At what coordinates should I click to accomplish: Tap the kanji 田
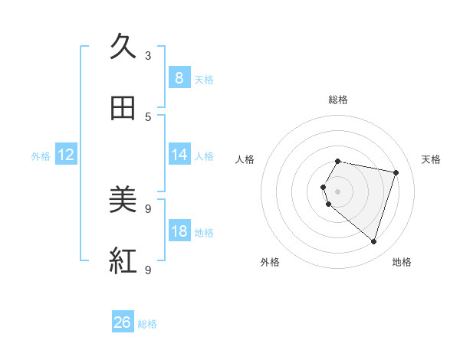(x=123, y=108)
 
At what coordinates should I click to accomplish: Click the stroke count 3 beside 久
(x=148, y=55)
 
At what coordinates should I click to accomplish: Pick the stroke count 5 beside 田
(x=148, y=116)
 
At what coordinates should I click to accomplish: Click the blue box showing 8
(x=179, y=77)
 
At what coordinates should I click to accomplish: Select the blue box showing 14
(x=179, y=155)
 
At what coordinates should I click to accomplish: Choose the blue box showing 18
(x=179, y=231)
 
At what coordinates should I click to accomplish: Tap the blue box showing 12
(x=65, y=155)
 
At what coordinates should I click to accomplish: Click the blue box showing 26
(x=123, y=322)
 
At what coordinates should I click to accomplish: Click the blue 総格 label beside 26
(x=147, y=324)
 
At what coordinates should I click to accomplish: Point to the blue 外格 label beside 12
(x=41, y=156)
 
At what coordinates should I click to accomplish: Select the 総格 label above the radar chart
(x=338, y=100)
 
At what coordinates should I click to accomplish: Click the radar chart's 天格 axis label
(x=432, y=159)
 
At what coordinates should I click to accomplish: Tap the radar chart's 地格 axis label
(x=402, y=262)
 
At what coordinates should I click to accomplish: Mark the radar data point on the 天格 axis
(x=396, y=172)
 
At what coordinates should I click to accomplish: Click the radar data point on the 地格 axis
(x=373, y=241)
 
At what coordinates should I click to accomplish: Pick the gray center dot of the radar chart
(x=338, y=191)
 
